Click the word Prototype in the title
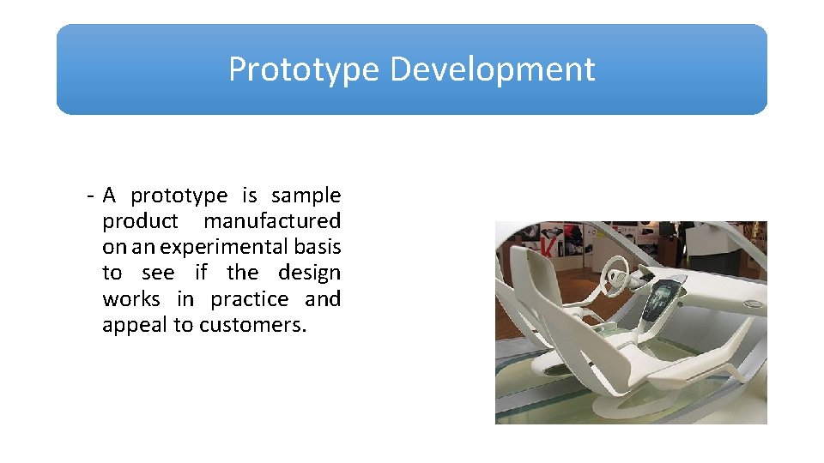coord(302,69)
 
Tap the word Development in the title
coord(492,69)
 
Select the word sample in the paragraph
coord(306,196)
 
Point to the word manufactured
coord(272,221)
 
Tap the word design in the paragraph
coord(309,273)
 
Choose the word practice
coord(249,299)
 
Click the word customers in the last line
coord(252,325)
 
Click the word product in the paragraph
coord(140,221)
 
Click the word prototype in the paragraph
coord(179,196)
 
